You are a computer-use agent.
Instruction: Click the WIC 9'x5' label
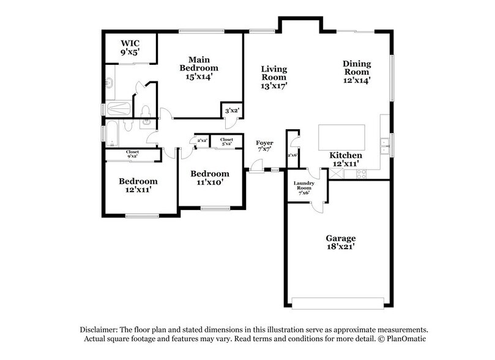click(130, 48)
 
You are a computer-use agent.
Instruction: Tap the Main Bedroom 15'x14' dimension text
click(199, 77)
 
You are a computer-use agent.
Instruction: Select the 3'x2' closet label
click(232, 111)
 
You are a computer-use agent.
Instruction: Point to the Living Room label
click(274, 73)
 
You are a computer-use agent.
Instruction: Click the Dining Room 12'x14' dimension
click(357, 80)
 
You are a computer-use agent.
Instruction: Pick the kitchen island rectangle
click(341, 137)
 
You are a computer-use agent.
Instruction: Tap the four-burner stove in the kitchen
click(362, 174)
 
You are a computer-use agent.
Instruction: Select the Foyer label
click(264, 143)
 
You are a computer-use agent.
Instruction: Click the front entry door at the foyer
click(256, 167)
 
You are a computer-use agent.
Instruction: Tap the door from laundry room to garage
click(318, 207)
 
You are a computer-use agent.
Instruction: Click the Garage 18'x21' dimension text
click(341, 246)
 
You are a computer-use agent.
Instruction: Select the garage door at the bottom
click(338, 303)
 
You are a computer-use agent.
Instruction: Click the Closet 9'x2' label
click(132, 154)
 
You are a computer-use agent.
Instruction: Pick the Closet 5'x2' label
click(226, 141)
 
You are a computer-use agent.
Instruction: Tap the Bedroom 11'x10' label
click(210, 178)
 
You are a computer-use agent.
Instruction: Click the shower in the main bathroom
click(119, 108)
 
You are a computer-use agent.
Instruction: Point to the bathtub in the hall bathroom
click(112, 133)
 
